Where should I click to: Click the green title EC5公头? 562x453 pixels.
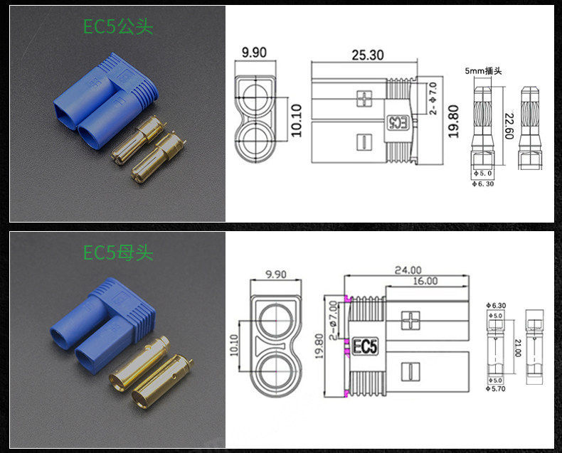click(118, 26)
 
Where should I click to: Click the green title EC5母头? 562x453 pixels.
click(118, 252)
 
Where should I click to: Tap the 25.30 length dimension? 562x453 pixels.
click(367, 55)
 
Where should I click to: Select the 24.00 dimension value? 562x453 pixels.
click(408, 270)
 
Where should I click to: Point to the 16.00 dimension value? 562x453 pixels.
click(425, 281)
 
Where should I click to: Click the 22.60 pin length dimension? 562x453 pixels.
click(509, 126)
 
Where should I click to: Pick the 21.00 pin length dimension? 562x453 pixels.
click(518, 348)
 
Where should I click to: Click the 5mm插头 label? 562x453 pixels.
click(483, 71)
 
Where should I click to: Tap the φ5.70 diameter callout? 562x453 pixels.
click(496, 388)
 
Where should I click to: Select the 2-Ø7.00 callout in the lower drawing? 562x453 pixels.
click(334, 320)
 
